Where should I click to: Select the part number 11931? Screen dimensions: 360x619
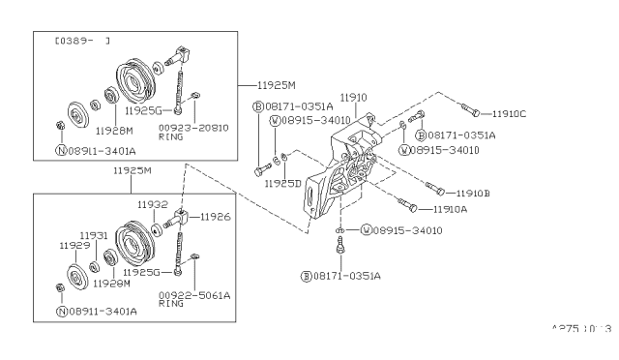[x=93, y=235]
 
